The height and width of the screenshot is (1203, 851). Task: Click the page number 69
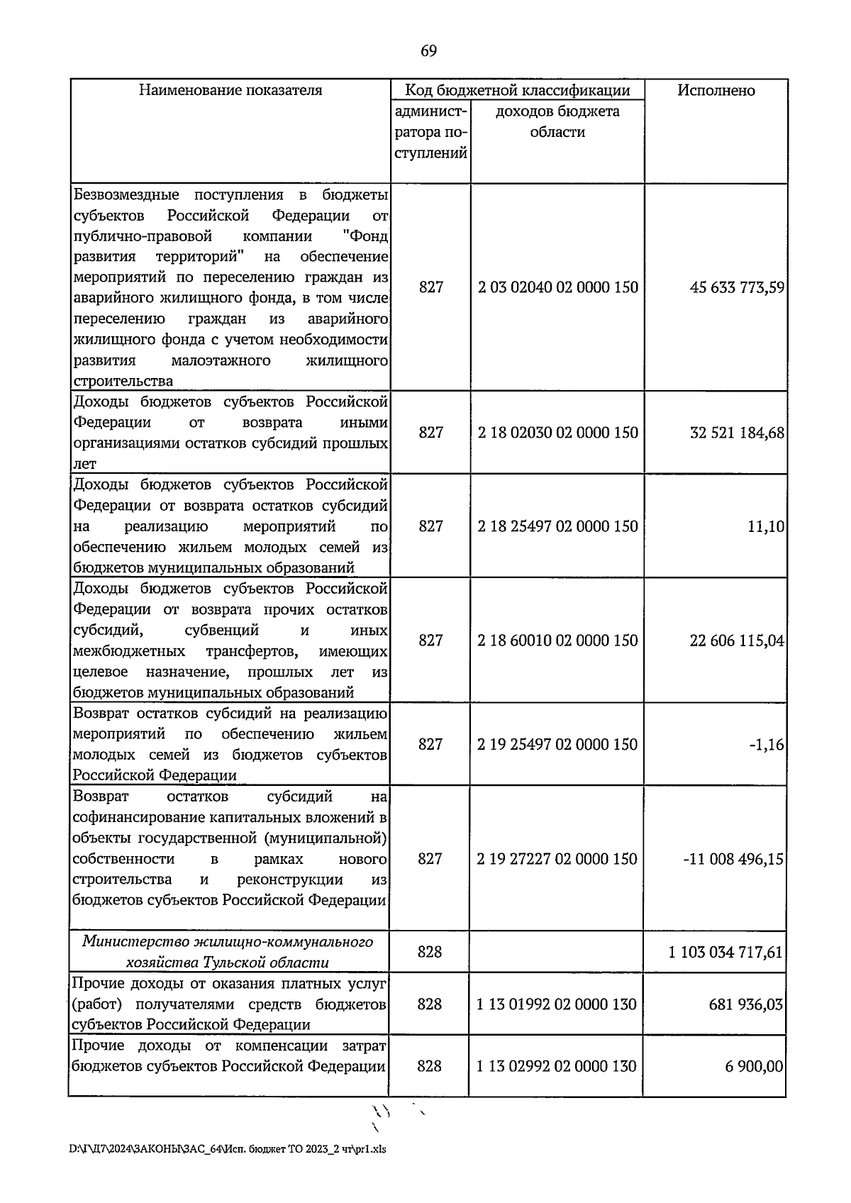(428, 51)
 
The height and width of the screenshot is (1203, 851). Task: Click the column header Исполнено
(716, 91)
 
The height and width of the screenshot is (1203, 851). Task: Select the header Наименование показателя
(230, 91)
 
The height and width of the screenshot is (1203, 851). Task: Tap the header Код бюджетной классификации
(517, 91)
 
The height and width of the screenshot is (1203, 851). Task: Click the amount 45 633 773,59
(737, 287)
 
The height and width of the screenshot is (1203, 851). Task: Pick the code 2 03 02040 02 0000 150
(557, 287)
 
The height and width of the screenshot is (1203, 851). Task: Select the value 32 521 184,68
(737, 433)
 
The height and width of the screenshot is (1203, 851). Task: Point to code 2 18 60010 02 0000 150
(557, 641)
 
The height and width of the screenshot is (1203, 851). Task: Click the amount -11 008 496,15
(733, 859)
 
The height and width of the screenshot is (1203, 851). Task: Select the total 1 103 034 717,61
(725, 952)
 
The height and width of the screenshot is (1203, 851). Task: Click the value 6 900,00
(754, 1066)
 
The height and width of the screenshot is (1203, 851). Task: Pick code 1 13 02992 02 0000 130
(557, 1066)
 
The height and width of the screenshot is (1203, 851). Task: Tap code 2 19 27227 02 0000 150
(557, 859)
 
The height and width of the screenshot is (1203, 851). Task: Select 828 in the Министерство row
(430, 952)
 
